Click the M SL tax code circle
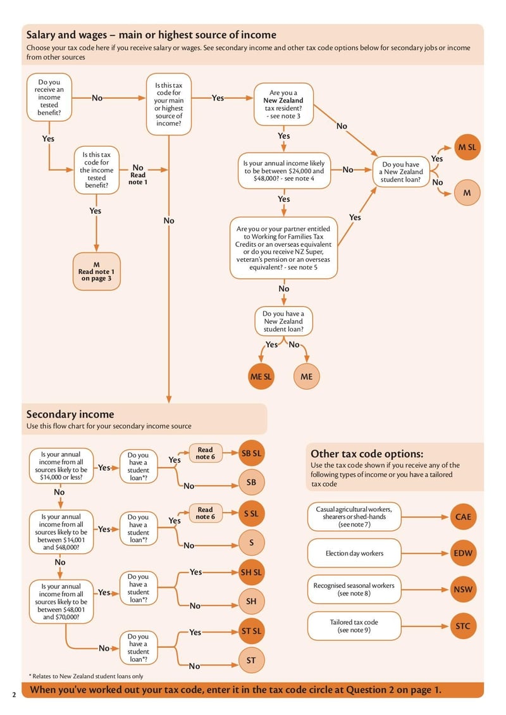467,148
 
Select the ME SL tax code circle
261,376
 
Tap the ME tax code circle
306,376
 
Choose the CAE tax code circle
463,517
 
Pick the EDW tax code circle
463,553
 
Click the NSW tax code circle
463,590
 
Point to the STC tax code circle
463,626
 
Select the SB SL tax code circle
251,453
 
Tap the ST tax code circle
251,661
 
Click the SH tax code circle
251,602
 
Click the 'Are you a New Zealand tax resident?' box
283,104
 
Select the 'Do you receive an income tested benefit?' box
49,97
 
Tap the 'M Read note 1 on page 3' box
96,271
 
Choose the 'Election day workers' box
354,553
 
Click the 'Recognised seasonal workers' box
354,590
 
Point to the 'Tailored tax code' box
354,626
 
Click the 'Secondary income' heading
70,414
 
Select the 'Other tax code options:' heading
367,454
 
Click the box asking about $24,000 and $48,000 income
283,171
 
